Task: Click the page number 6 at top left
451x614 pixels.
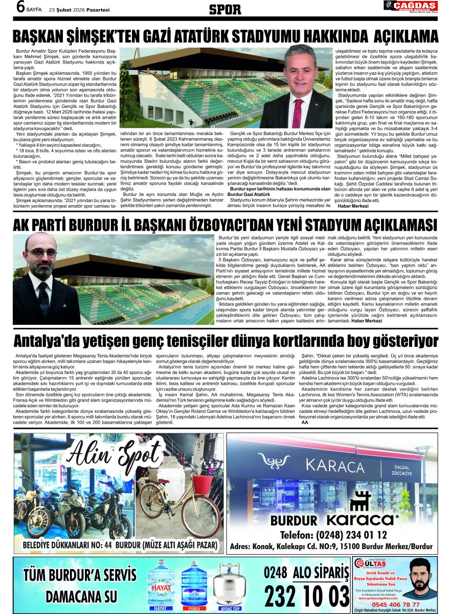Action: (21, 7)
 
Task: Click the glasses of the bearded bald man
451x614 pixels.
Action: (42, 253)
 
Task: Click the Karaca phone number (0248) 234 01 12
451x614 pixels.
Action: (333, 535)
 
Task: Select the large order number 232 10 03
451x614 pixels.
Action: (307, 597)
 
